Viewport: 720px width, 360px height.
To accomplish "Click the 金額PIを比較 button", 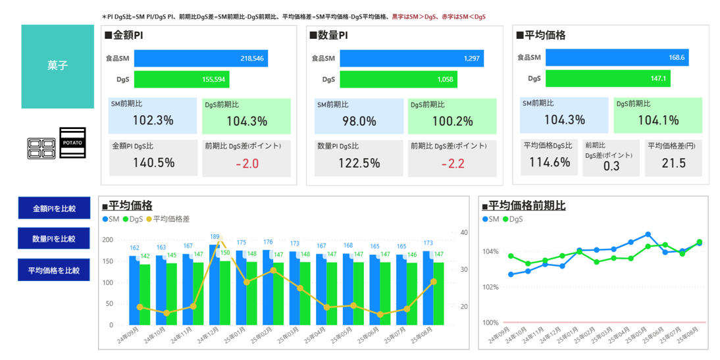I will pyautogui.click(x=54, y=209).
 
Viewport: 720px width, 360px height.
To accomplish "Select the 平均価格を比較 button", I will pyautogui.click(x=54, y=270).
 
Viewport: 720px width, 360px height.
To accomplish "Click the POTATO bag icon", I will pyautogui.click(x=72, y=142).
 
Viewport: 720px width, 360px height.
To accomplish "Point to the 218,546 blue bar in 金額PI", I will pyautogui.click(x=201, y=58).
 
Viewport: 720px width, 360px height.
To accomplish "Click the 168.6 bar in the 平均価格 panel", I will pyautogui.click(x=617, y=57).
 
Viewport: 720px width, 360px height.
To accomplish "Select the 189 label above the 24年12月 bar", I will pyautogui.click(x=215, y=236).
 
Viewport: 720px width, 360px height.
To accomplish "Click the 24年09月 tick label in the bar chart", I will pyautogui.click(x=128, y=338).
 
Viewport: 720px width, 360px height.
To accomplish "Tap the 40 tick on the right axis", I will pyautogui.click(x=463, y=232).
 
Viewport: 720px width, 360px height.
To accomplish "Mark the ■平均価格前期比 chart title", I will pyautogui.click(x=523, y=205).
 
